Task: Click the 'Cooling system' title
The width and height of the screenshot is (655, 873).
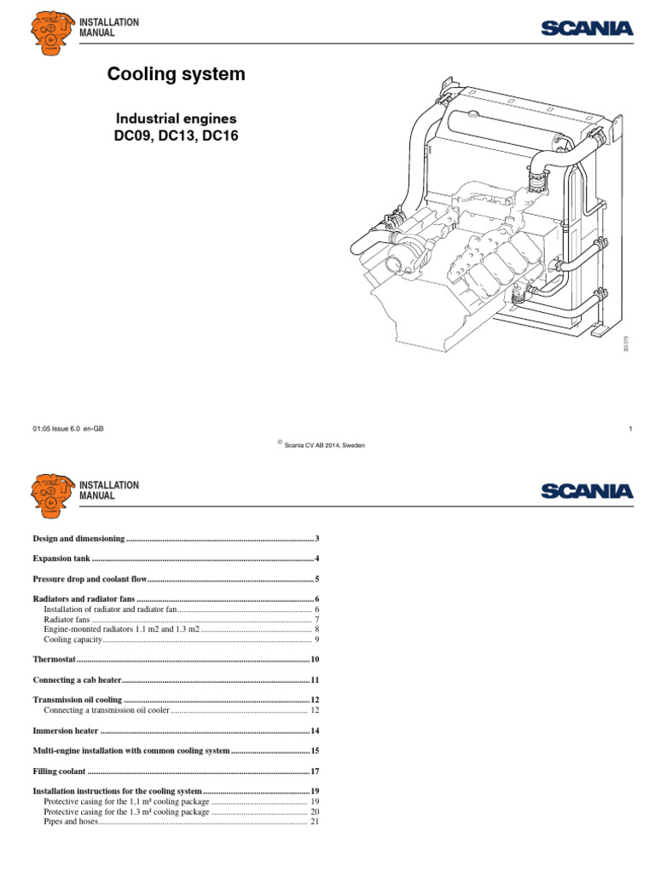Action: point(176,75)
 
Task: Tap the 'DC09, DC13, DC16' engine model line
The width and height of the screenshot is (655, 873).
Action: point(175,135)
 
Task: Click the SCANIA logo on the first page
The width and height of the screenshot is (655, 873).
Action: point(587,29)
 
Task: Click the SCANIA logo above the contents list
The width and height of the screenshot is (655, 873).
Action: point(587,491)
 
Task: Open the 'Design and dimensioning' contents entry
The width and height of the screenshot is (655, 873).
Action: point(78,539)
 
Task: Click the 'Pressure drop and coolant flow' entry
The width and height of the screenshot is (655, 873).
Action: point(90,580)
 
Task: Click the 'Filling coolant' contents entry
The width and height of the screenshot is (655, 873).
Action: point(59,771)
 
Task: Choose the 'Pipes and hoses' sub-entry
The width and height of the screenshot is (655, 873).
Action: point(71,822)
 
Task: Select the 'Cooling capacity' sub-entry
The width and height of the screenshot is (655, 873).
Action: point(72,639)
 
